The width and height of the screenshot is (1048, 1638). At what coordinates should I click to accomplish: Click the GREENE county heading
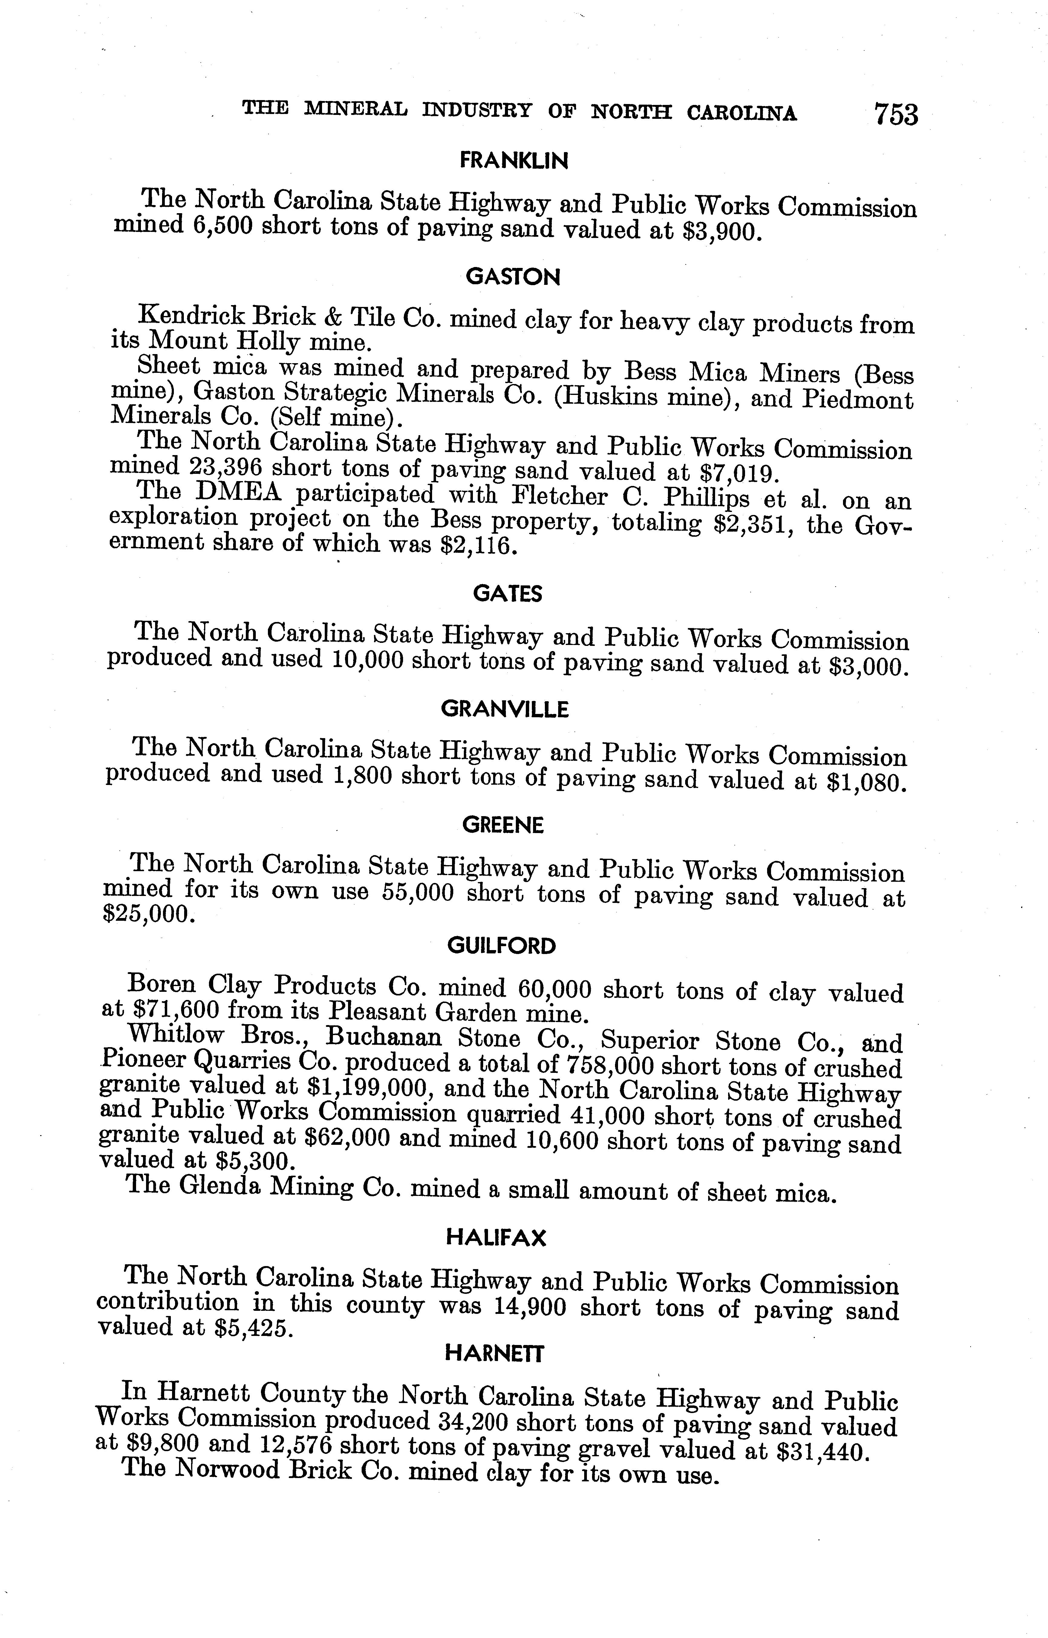click(503, 826)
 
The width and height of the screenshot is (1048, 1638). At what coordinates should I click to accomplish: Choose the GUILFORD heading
click(502, 946)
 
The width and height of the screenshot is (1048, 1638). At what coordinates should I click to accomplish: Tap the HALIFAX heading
click(496, 1237)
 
